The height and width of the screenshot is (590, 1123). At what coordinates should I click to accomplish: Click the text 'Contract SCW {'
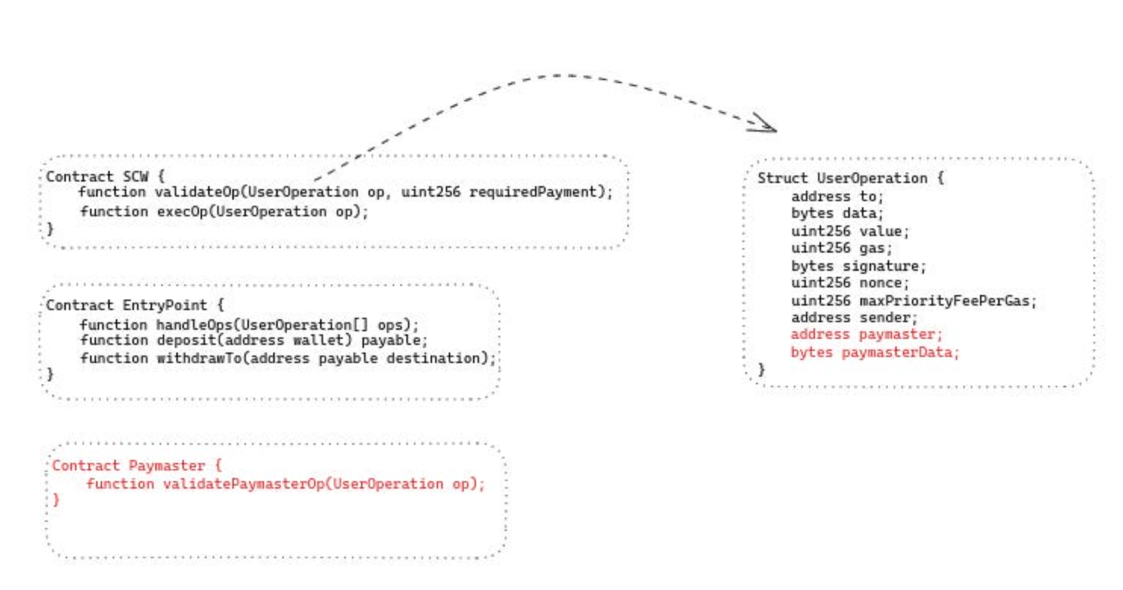tap(104, 176)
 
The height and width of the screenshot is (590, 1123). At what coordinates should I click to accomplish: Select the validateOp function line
tap(344, 192)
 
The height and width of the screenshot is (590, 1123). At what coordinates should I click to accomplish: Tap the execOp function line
tap(224, 211)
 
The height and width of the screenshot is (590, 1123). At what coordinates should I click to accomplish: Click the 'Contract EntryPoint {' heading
tap(135, 306)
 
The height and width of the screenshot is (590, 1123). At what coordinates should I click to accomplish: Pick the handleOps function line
tap(249, 324)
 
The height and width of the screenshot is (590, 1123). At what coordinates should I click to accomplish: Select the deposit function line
tap(254, 340)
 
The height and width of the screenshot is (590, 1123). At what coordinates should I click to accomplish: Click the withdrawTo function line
tap(288, 358)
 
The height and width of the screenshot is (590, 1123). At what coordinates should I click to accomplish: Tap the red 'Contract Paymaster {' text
tap(136, 465)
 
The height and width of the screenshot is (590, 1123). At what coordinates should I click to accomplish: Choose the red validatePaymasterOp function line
tap(285, 483)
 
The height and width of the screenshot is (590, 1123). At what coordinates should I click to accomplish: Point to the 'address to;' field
tap(837, 196)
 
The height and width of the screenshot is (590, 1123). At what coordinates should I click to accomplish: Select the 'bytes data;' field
tap(837, 213)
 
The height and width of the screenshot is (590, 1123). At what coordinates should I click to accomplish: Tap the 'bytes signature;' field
tap(858, 265)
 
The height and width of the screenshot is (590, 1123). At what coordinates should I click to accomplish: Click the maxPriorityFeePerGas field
tap(913, 300)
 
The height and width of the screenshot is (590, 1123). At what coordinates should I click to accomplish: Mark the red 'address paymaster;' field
tap(867, 334)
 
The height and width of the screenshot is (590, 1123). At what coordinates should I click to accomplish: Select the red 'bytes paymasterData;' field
tap(875, 352)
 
